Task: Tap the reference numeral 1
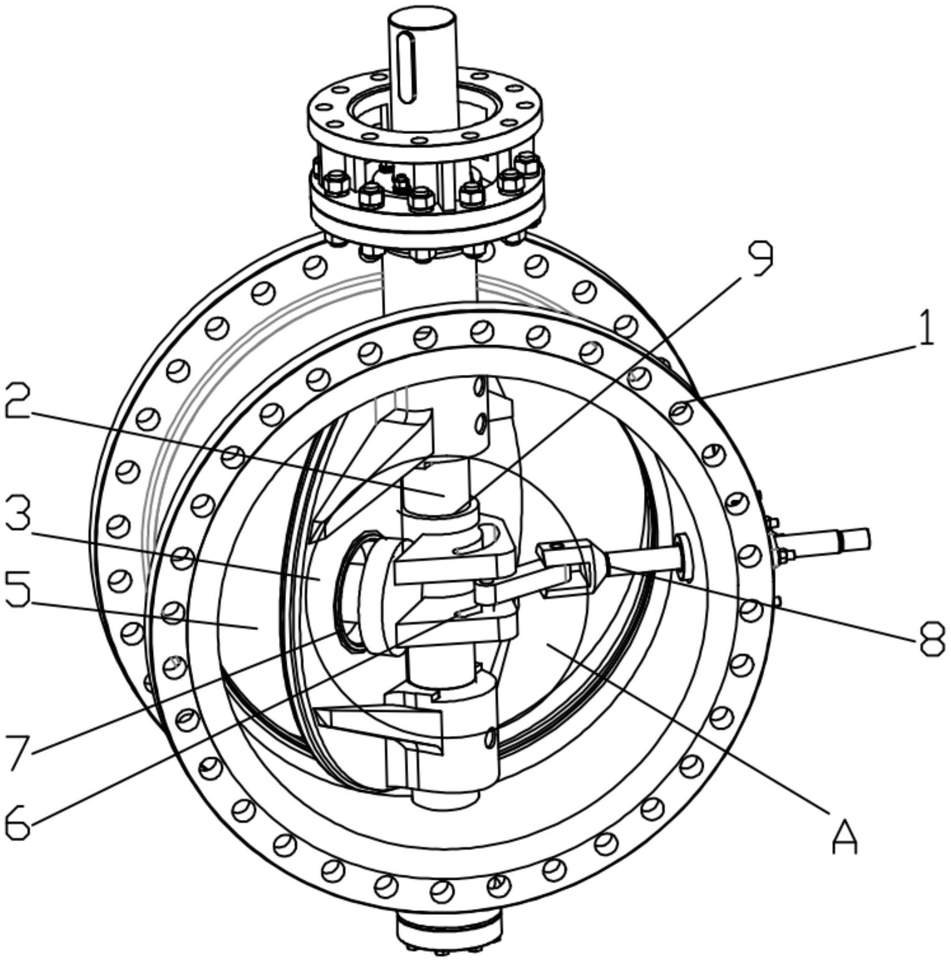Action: tap(922, 327)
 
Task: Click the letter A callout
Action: tap(844, 838)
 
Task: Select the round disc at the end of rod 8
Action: tap(685, 557)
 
